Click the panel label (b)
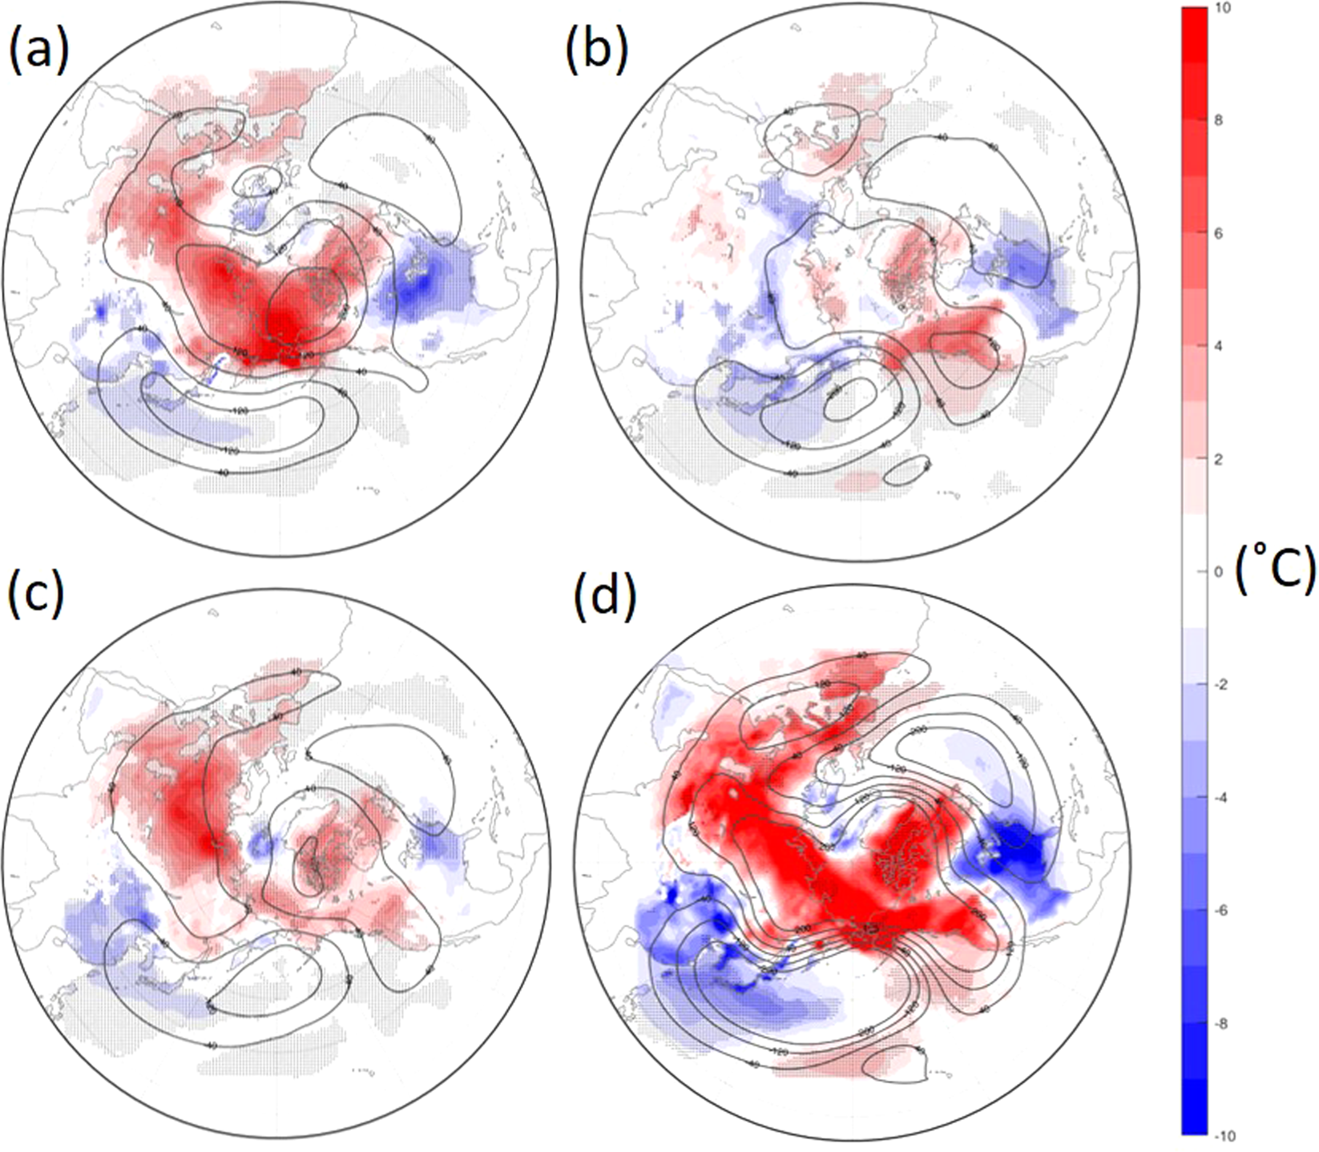coord(596,50)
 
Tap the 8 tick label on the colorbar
coord(1220,121)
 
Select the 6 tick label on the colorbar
coord(1220,234)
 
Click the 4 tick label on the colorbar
coord(1220,347)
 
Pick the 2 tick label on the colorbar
coord(1220,460)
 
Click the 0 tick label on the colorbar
coord(1220,572)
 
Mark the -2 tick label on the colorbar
coord(1223,686)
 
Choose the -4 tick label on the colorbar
coord(1223,799)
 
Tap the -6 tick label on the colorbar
coord(1223,912)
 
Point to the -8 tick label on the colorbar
coord(1223,1025)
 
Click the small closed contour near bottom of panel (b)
coord(907,470)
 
